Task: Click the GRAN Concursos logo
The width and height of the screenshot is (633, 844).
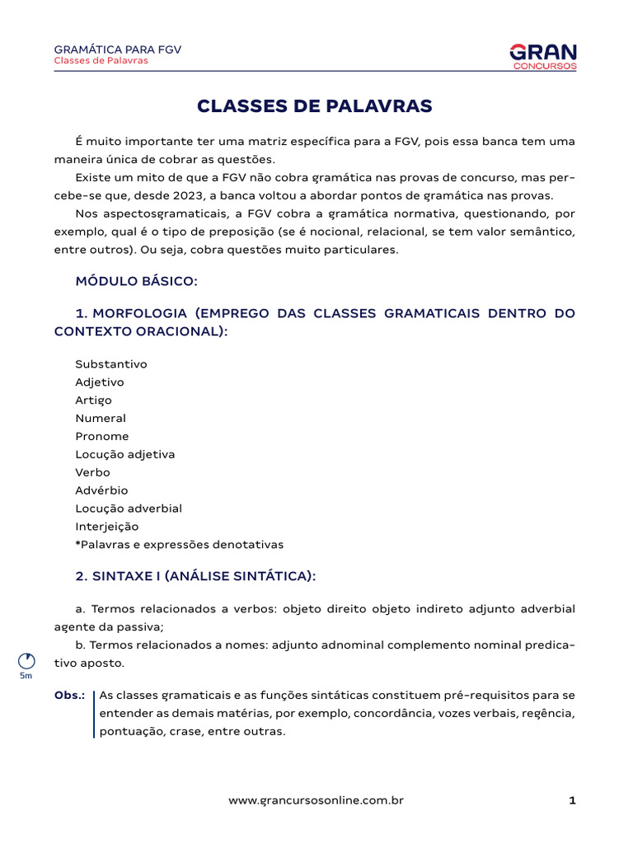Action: point(543,56)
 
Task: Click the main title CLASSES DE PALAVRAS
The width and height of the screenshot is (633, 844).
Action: point(314,106)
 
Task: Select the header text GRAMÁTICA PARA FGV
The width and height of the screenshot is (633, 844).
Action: point(117,49)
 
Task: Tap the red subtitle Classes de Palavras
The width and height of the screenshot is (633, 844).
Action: point(101,61)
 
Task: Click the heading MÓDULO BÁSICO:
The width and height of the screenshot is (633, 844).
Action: point(136,281)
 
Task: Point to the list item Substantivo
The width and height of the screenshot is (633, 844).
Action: point(111,363)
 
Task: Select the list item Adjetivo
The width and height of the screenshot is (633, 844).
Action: point(100,382)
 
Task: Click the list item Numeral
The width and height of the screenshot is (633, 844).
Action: point(101,418)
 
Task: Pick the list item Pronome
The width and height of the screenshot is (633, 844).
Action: point(102,436)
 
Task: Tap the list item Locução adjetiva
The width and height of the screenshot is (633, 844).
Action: point(125,454)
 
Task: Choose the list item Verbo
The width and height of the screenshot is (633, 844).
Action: point(92,472)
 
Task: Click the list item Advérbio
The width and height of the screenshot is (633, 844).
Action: point(102,490)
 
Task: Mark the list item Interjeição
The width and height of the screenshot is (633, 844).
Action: point(107,527)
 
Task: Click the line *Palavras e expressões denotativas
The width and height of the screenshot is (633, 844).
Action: point(179,545)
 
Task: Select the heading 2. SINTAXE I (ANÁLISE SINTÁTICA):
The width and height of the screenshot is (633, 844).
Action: point(195,577)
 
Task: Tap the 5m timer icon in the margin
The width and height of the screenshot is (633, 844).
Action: point(26,661)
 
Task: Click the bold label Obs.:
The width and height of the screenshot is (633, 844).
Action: point(70,696)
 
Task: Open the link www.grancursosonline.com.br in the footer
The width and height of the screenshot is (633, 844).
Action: point(316,800)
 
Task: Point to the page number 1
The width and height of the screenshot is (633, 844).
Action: point(571,800)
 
